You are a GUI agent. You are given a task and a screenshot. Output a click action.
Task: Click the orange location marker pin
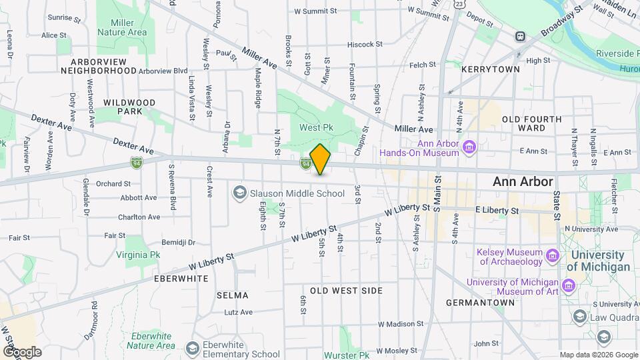tap(321, 159)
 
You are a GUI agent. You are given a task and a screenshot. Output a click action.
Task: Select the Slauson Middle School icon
tap(239, 193)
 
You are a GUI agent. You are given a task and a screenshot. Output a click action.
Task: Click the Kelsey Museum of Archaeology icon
tap(552, 255)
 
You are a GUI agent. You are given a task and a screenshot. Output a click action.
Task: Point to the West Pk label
tap(315, 127)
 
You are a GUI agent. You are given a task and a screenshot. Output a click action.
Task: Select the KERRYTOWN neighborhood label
tap(490, 69)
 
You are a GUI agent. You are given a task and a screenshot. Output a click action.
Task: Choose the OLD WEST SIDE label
tap(346, 291)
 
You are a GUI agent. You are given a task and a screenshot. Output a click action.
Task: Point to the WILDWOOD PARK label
tap(129, 107)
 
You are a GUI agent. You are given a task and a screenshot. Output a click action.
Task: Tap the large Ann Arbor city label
tap(523, 181)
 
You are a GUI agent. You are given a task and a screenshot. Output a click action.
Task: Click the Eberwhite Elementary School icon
tap(193, 349)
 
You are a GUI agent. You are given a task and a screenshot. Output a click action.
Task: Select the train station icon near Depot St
tap(519, 37)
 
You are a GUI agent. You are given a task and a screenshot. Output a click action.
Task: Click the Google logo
tap(21, 351)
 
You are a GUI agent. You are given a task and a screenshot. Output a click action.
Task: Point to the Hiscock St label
tap(365, 45)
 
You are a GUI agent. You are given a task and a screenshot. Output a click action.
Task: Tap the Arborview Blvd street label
tap(163, 70)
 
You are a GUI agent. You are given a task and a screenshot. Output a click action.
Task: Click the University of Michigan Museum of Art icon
tap(569, 286)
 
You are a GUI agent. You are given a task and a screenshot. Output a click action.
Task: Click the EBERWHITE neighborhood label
tap(181, 277)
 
